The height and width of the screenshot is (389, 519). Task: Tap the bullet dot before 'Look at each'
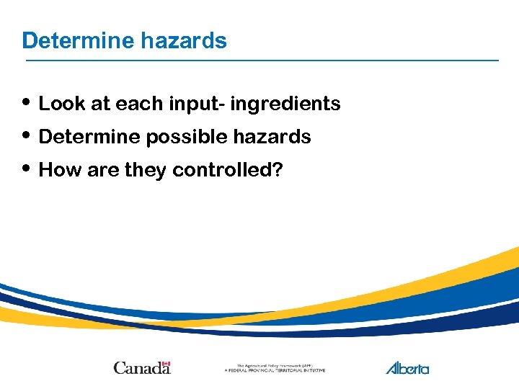point(27,102)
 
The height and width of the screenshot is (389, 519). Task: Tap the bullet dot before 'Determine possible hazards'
point(27,135)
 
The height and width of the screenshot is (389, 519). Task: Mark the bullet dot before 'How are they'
point(27,169)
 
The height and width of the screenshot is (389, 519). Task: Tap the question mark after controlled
point(278,170)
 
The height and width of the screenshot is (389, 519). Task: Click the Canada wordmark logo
point(142,367)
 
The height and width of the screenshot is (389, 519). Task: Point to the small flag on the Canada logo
point(166,363)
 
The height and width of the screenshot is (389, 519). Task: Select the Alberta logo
point(407,367)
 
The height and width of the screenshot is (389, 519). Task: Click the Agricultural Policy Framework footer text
point(275,367)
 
